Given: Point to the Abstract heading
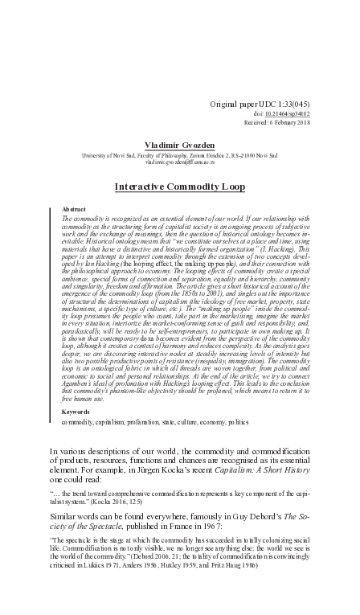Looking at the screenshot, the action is click(x=74, y=208).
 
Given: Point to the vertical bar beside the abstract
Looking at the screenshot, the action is click(x=51, y=314).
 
